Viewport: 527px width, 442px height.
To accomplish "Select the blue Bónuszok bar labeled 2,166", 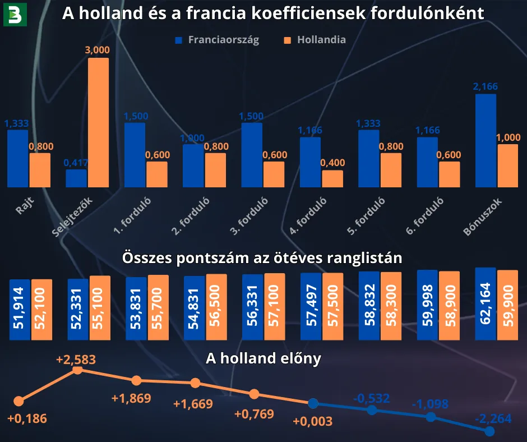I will [x=486, y=140].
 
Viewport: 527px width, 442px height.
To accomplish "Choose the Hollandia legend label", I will [x=321, y=40].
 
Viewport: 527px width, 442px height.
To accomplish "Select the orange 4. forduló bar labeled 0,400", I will [x=332, y=178].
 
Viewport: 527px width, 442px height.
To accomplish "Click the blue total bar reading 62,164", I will [x=485, y=303].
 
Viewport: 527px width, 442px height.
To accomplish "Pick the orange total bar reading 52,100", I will [x=41, y=310].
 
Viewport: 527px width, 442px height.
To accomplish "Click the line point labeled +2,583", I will [x=78, y=370].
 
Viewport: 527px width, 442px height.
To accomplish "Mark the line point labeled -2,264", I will [x=489, y=431].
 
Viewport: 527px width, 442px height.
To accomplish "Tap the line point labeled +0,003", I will [x=313, y=403].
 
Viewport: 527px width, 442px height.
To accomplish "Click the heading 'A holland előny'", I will [x=263, y=359].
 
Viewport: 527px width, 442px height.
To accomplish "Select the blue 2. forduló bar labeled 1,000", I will [x=193, y=165].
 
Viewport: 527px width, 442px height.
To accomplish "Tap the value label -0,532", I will [x=371, y=399].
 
